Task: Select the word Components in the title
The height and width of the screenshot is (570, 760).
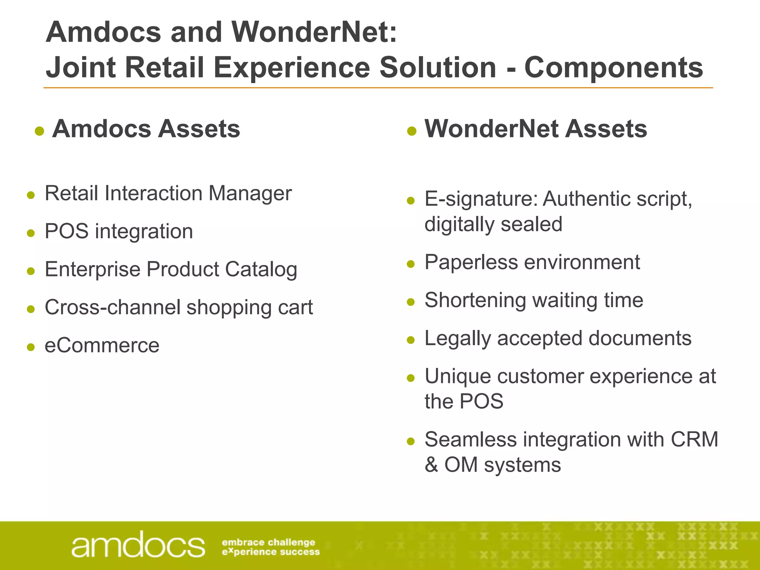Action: [x=613, y=68]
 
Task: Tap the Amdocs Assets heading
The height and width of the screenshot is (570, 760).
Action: [x=146, y=129]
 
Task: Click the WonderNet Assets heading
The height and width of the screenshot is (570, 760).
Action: [x=535, y=129]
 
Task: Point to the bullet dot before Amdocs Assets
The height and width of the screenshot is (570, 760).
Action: [x=39, y=131]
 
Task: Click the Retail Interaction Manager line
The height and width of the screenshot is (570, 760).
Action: [x=168, y=193]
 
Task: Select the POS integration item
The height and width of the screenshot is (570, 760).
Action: [x=119, y=231]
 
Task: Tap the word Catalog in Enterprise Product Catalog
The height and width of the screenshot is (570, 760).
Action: [x=261, y=269]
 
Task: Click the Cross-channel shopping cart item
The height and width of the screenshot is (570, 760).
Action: [x=178, y=307]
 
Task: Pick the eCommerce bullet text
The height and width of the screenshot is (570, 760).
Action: [x=102, y=345]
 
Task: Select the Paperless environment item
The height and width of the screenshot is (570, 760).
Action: [x=532, y=262]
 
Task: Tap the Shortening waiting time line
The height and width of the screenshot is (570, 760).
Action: [x=534, y=300]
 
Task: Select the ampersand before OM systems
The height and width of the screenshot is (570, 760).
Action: [x=431, y=465]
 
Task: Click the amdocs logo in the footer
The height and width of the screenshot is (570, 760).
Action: [x=138, y=545]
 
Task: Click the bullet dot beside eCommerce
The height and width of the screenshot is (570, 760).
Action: [x=31, y=347]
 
